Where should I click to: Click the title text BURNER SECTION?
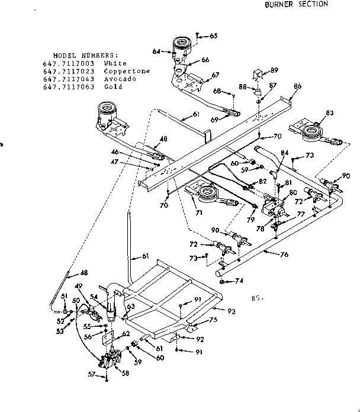click(x=296, y=4)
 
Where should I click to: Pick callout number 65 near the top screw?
click(x=213, y=36)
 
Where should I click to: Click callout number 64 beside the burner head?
click(x=156, y=51)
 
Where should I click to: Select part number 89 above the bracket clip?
click(x=274, y=70)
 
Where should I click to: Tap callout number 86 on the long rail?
click(x=297, y=86)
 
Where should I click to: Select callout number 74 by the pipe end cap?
click(x=239, y=281)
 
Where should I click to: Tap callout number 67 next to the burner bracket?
click(x=215, y=75)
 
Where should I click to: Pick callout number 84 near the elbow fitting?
click(x=285, y=153)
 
